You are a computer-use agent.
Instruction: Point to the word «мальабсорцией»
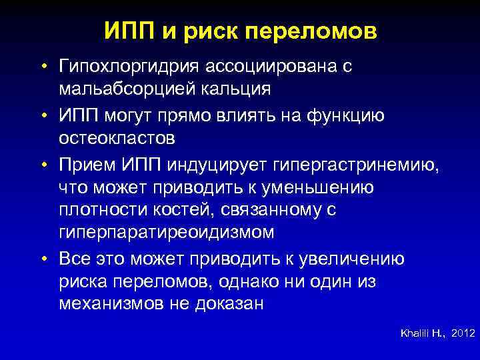(x=127, y=89)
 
